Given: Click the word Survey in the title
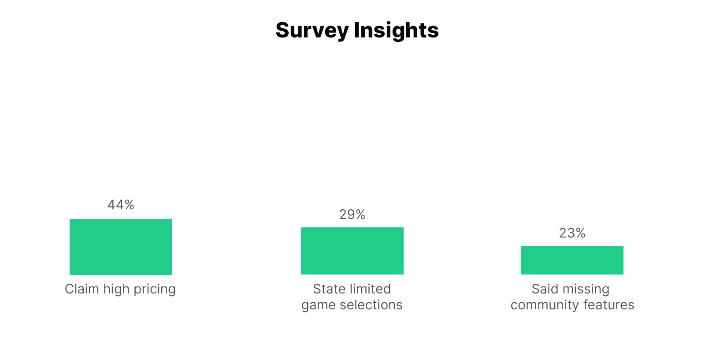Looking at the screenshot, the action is click(312, 31).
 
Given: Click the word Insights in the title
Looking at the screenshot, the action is click(396, 30).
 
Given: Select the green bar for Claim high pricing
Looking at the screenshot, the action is click(121, 247).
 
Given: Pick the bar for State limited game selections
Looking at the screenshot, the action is click(352, 251).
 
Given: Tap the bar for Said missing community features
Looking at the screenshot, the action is click(572, 260).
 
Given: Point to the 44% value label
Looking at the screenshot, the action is click(121, 205).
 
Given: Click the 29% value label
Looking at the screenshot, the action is click(352, 214).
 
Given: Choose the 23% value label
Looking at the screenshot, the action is click(572, 233).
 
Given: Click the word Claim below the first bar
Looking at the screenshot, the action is click(82, 289).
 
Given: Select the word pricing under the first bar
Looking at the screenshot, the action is click(154, 290).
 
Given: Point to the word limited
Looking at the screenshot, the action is click(371, 289).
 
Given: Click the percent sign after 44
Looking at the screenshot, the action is click(130, 205).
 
